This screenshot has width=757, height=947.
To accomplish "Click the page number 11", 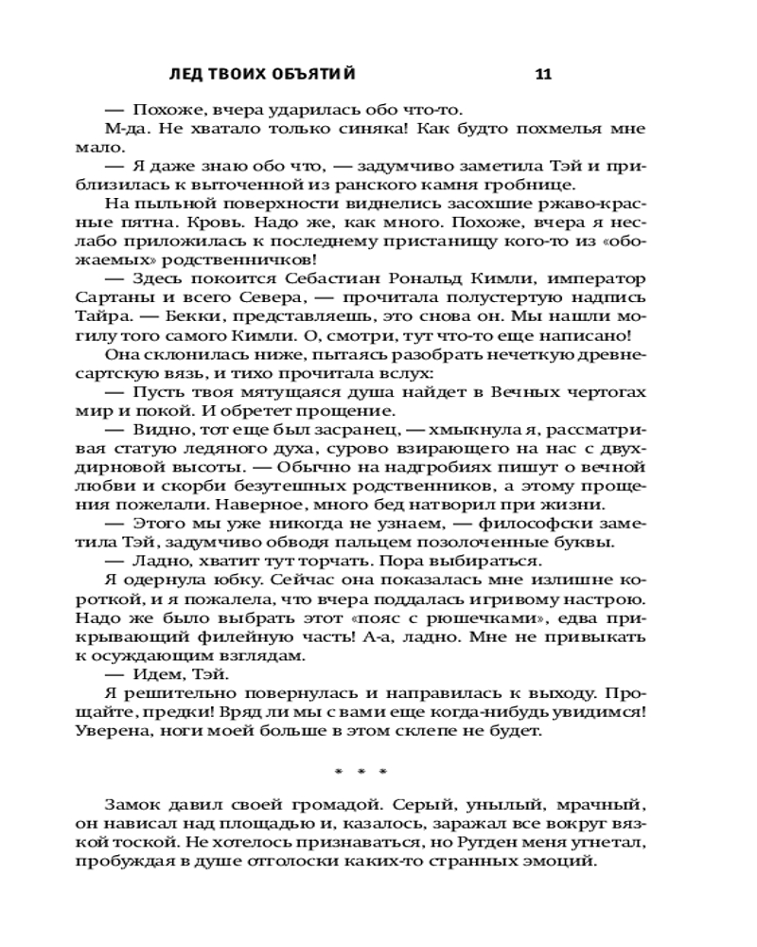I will click(543, 75).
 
